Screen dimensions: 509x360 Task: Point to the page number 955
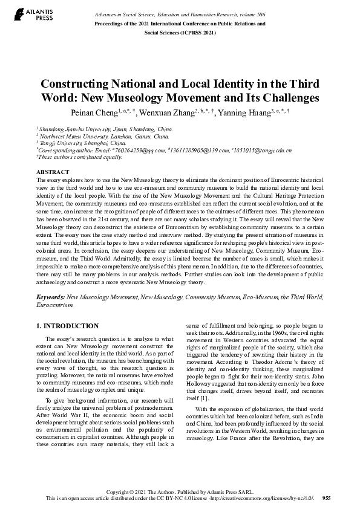[326, 498]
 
